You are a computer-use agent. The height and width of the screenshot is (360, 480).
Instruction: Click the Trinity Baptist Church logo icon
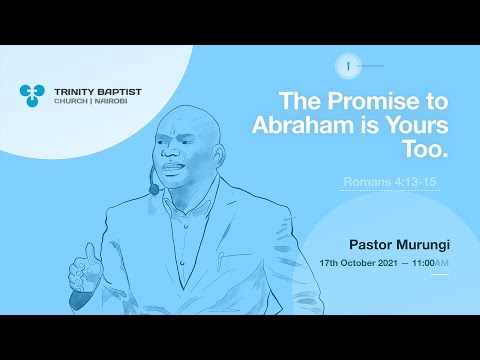point(32,95)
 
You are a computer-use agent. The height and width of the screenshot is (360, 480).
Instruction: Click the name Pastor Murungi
point(398,243)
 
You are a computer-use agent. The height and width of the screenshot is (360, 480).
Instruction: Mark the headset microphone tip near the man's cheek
point(153,188)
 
